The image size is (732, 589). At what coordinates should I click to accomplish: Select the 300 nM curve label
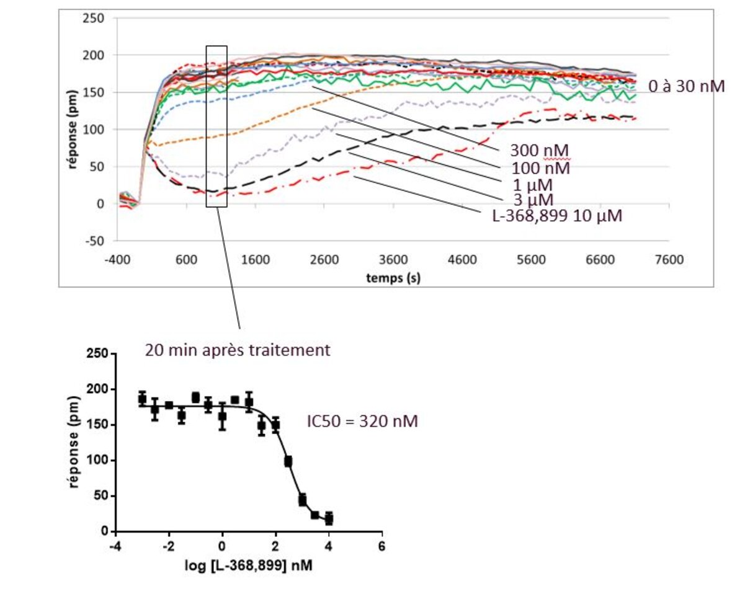[540, 151]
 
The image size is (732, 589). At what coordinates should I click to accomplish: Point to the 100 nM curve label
[541, 167]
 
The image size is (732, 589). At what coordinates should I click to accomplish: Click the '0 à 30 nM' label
[686, 87]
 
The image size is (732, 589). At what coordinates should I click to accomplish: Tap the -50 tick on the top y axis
[96, 241]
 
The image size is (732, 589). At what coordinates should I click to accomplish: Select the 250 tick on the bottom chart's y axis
[100, 353]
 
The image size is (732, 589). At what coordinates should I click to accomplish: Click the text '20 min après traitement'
[238, 350]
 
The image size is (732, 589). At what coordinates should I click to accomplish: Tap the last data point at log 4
[329, 518]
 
